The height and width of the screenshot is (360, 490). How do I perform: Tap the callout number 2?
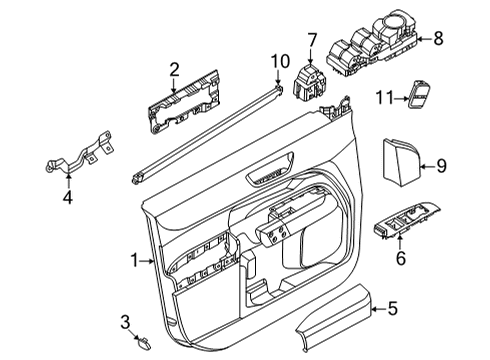pos(173,68)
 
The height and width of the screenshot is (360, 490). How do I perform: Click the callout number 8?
pos(436,38)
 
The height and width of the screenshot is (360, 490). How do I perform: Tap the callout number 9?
pos(440,164)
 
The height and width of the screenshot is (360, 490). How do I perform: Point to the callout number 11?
pos(383,98)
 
